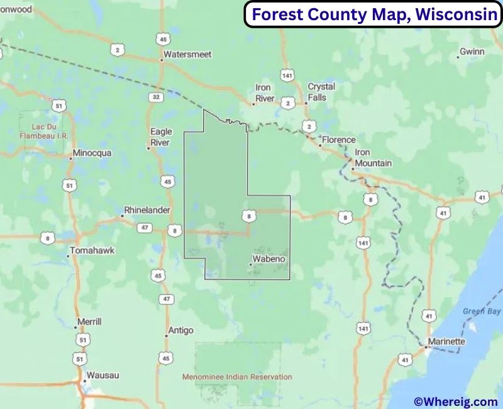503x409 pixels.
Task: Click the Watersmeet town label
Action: click(187, 55)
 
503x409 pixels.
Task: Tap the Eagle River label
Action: click(161, 137)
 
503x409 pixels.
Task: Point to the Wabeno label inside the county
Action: click(268, 259)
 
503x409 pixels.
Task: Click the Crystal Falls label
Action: click(321, 92)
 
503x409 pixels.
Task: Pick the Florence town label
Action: click(338, 140)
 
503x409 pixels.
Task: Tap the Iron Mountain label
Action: click(372, 158)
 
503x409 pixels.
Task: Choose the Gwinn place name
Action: click(472, 51)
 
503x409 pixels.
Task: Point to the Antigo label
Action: click(180, 330)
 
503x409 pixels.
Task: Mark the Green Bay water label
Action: click(482, 311)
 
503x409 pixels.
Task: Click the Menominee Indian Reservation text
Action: click(237, 377)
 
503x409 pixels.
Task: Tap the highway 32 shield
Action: click(155, 97)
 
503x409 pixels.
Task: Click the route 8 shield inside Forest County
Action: click(249, 216)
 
